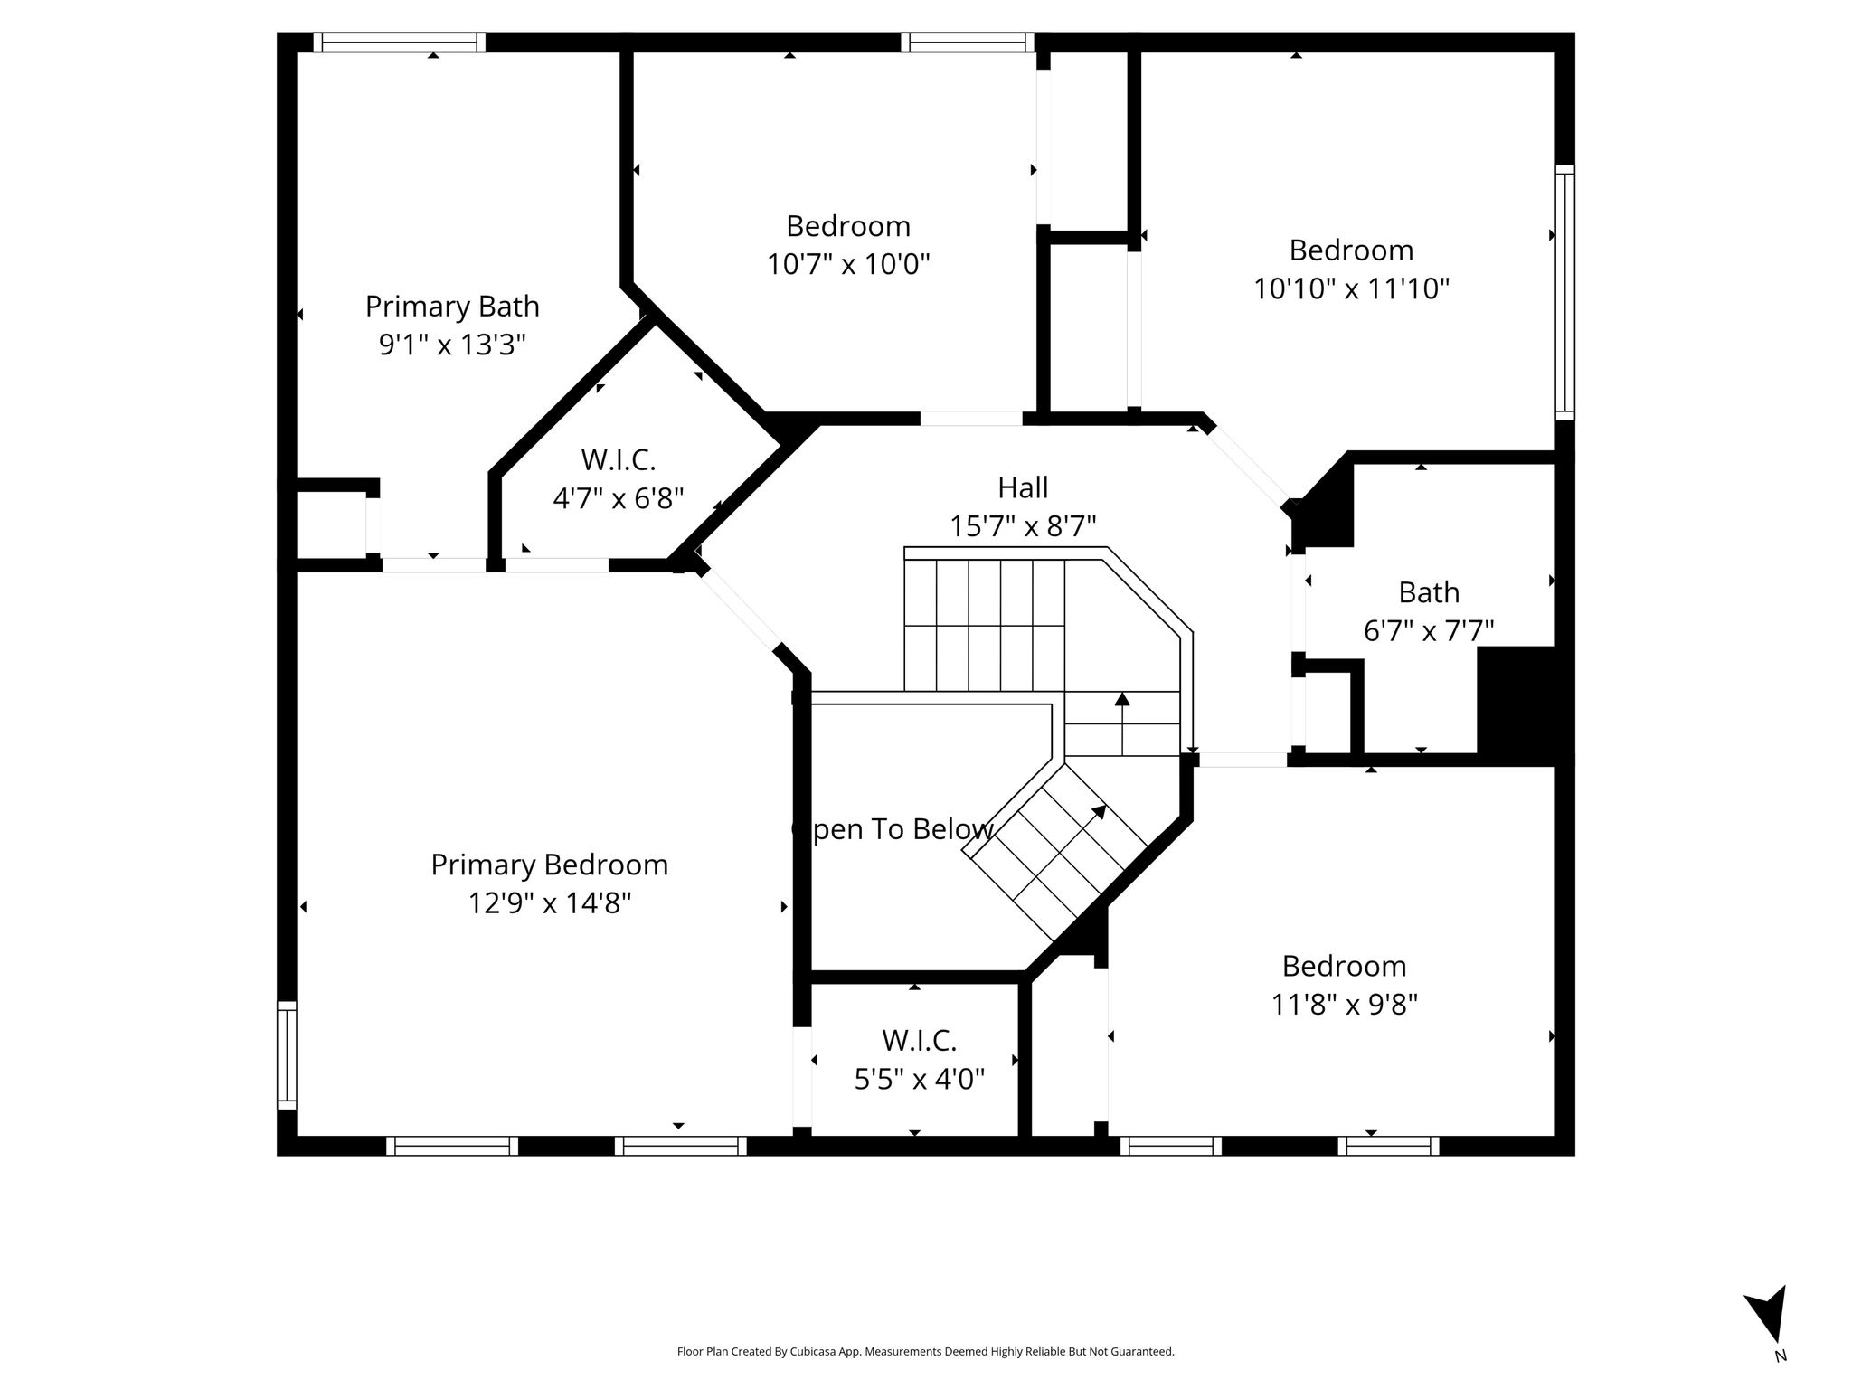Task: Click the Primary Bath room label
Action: (x=452, y=307)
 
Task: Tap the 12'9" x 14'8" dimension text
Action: (x=549, y=902)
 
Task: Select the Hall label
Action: (x=1023, y=487)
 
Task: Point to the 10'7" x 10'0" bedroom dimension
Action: (x=848, y=264)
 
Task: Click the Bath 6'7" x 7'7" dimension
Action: (x=1429, y=630)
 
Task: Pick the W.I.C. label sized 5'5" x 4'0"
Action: (x=920, y=1041)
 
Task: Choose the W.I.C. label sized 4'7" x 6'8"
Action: (x=619, y=459)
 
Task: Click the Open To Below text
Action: (x=893, y=829)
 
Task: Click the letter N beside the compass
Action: (x=1780, y=1381)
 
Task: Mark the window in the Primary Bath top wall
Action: (x=400, y=42)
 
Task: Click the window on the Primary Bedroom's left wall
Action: (x=287, y=1055)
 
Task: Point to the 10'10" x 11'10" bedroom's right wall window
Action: (x=1564, y=292)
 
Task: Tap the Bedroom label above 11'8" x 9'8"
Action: (x=1344, y=966)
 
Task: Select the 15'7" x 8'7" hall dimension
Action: (x=1023, y=525)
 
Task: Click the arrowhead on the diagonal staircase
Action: (x=1100, y=811)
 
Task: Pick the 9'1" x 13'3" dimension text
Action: (x=452, y=345)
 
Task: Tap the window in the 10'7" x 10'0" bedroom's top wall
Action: (x=967, y=42)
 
